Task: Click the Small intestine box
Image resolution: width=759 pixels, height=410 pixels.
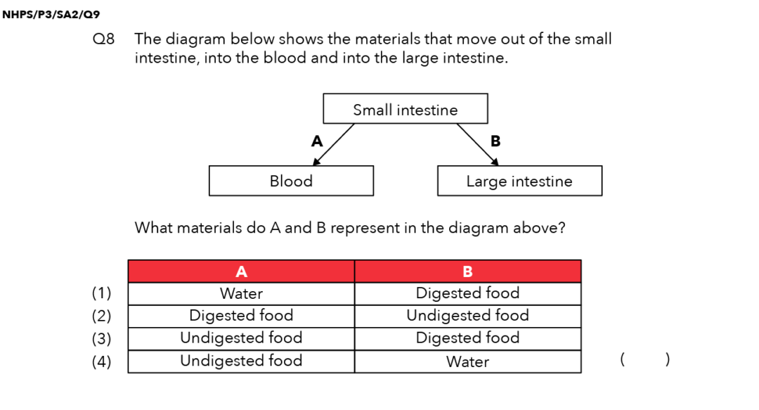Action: pyautogui.click(x=405, y=109)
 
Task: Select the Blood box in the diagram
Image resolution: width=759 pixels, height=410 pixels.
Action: pyautogui.click(x=291, y=181)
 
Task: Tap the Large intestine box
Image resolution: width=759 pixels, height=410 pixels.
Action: pyautogui.click(x=519, y=181)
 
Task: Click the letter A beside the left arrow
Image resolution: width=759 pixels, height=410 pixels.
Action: pyautogui.click(x=317, y=141)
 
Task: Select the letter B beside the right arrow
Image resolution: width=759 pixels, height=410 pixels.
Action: pyautogui.click(x=495, y=141)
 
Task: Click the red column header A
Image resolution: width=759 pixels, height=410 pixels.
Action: pyautogui.click(x=241, y=271)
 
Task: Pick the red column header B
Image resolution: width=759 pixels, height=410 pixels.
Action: pyautogui.click(x=467, y=271)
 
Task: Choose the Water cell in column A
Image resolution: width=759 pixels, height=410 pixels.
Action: pyautogui.click(x=241, y=294)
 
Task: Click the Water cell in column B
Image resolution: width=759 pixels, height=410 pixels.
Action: pyautogui.click(x=467, y=361)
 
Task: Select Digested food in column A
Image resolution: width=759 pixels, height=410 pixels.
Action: pyautogui.click(x=241, y=316)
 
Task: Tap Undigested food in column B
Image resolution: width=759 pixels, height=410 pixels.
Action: pyautogui.click(x=467, y=316)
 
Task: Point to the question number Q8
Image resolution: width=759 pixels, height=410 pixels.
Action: pyautogui.click(x=103, y=39)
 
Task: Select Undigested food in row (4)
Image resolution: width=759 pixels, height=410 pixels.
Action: pyautogui.click(x=241, y=361)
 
